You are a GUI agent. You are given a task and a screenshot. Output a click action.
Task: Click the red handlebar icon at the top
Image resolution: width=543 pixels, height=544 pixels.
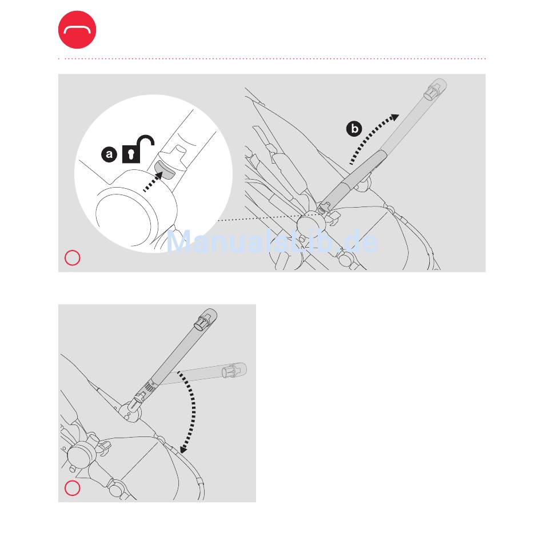[x=77, y=30]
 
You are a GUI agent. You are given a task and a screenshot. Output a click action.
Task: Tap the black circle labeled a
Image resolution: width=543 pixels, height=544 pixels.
[x=109, y=154]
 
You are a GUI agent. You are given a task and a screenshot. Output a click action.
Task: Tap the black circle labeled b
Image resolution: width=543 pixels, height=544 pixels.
[x=354, y=129]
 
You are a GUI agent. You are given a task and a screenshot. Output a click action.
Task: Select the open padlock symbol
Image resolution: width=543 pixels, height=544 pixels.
[x=138, y=149]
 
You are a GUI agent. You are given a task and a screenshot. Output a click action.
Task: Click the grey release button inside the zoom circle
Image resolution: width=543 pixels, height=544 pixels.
[x=164, y=169]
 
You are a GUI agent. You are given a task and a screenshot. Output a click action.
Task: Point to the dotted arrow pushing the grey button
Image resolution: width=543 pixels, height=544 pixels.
[x=153, y=181]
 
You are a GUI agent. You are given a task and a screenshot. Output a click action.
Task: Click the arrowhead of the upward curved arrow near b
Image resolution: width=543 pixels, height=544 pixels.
[x=394, y=118]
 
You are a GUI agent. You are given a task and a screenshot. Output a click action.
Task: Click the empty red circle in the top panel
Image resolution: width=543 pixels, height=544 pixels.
[x=73, y=258]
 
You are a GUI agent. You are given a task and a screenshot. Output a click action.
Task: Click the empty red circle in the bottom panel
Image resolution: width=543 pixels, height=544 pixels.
[x=73, y=488]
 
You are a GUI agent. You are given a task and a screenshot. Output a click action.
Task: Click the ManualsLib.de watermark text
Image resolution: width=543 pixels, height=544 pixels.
[x=272, y=241]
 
